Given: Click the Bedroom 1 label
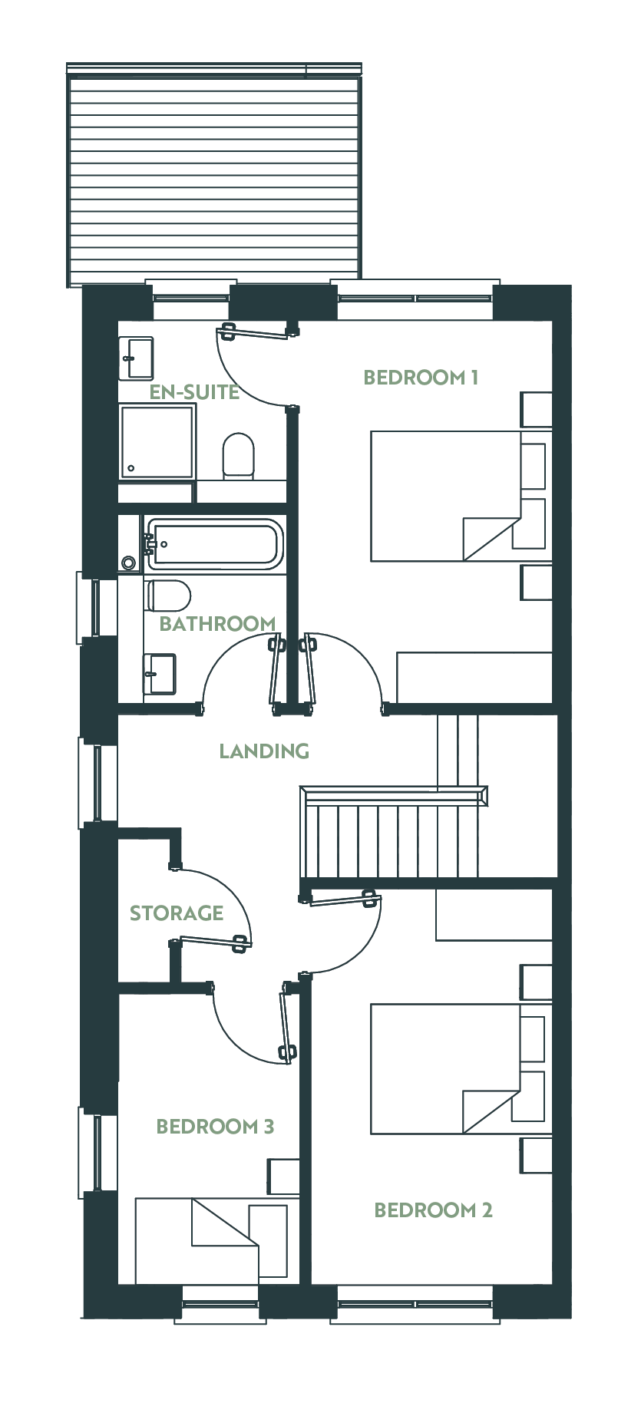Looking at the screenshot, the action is point(421,377).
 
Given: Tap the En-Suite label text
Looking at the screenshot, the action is point(194,392).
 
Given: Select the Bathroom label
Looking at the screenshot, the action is point(217,623).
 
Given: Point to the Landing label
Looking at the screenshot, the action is point(264,751).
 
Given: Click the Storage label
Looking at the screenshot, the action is point(177,913).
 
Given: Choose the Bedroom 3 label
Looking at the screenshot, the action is point(215,1127).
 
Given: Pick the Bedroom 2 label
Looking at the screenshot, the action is point(433,1210).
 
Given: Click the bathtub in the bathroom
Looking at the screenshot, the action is point(214,544).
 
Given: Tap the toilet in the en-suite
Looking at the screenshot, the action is point(238,456).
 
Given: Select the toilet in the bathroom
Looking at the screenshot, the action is point(167,594).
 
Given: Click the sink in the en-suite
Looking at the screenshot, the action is point(137,358).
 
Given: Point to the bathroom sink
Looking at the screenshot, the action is point(160,674).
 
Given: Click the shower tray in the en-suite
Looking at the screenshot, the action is point(157,442).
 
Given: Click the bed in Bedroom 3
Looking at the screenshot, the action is point(211,1240).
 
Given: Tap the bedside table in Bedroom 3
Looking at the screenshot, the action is point(283,1177).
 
